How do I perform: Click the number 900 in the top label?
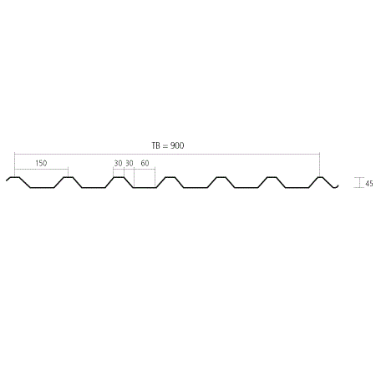[x=177, y=145]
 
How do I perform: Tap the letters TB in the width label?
[x=156, y=145]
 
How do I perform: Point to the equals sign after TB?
[x=165, y=145]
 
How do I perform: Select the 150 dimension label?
[x=41, y=163]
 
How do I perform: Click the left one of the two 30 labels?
[x=118, y=164]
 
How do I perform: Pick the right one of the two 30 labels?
[x=130, y=164]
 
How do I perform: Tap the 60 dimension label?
[x=145, y=164]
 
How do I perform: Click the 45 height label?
[x=369, y=184]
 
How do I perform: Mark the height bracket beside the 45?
[x=359, y=182]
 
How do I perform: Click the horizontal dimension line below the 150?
[x=41, y=169]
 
